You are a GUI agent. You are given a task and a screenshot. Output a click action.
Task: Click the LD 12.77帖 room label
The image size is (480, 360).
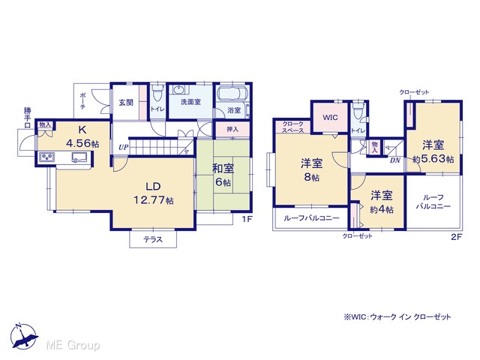click(x=153, y=193)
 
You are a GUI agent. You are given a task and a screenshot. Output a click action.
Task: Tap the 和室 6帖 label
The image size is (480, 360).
click(x=223, y=175)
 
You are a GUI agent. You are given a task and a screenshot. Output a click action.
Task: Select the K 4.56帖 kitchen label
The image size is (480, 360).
click(x=82, y=136)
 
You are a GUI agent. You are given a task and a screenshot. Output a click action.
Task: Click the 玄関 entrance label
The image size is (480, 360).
click(x=126, y=102)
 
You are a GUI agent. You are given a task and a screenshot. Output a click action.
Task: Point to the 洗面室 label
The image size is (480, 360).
click(x=190, y=102)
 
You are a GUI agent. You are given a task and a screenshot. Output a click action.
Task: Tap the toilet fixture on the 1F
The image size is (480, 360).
click(x=157, y=93)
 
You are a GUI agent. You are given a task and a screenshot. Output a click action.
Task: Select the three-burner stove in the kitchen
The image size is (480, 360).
click(x=46, y=157)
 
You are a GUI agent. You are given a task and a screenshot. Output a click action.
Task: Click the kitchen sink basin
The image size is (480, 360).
click(x=79, y=157)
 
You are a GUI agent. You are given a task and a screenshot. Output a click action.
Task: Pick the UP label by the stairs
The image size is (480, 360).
click(x=123, y=148)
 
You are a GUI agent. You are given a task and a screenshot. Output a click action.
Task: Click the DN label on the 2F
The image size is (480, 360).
click(x=395, y=160)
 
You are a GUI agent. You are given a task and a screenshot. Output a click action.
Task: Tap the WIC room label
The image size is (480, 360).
click(x=330, y=118)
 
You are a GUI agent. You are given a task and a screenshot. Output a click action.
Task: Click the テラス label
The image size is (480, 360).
click(x=153, y=239)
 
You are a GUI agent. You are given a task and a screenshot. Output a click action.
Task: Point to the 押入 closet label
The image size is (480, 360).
click(x=232, y=130)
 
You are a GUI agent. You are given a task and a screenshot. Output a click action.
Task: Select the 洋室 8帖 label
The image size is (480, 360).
click(x=312, y=170)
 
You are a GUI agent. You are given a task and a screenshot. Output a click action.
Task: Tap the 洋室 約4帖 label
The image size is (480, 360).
click(x=382, y=202)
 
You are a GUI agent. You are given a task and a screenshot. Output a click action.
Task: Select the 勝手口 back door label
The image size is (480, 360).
click(x=28, y=118)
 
